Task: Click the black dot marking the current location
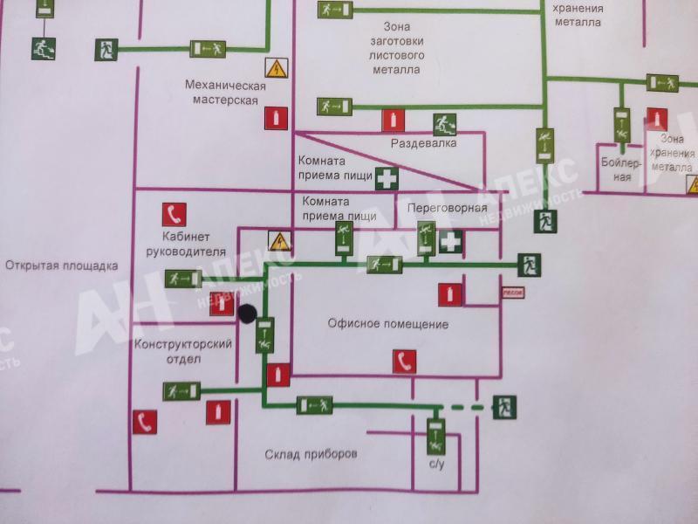[x=247, y=313]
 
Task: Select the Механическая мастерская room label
[x=224, y=93]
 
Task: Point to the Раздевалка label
[x=424, y=142]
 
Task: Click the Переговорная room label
[x=447, y=209]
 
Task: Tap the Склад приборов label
[x=311, y=454]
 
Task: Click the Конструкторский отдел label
[x=183, y=351]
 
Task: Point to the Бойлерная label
[x=621, y=169]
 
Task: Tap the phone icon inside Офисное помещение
[x=403, y=361]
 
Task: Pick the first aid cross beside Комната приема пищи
[x=387, y=178]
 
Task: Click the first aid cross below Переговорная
[x=450, y=242]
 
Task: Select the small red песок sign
[x=512, y=293]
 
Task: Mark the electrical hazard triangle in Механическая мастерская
[x=277, y=68]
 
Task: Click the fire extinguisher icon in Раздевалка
[x=393, y=120]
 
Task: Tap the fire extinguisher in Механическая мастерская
[x=277, y=118]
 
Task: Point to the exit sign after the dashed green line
[x=503, y=406]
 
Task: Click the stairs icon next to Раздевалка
[x=445, y=124]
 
